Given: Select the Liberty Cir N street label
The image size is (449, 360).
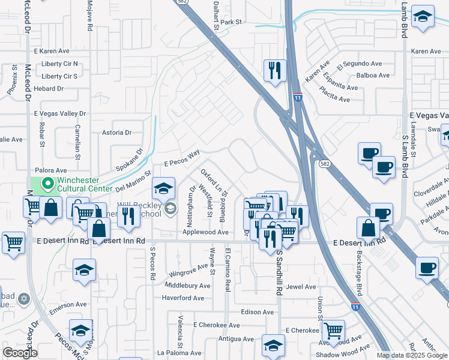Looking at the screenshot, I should pyautogui.click(x=60, y=64).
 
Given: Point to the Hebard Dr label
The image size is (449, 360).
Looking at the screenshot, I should pyautogui.click(x=49, y=88).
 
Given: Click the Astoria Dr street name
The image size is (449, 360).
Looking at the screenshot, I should pyautogui.click(x=116, y=133).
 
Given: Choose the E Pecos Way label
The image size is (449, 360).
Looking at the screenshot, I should pyautogui.click(x=182, y=158).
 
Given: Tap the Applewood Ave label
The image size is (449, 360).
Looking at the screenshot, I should pyautogui.click(x=205, y=232).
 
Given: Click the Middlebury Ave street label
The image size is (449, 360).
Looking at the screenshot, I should pyautogui.click(x=187, y=286).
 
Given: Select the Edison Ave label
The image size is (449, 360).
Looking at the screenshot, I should pyautogui.click(x=257, y=312).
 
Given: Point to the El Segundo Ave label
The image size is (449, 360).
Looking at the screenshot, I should pyautogui.click(x=359, y=64).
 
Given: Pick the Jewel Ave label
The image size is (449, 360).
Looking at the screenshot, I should pyautogui.click(x=301, y=287).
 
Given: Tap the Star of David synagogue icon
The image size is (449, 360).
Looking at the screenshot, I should pyautogui.click(x=24, y=298).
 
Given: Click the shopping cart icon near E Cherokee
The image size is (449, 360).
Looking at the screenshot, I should pyautogui.click(x=333, y=329).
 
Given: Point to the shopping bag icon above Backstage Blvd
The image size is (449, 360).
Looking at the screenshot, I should pyautogui.click(x=368, y=227).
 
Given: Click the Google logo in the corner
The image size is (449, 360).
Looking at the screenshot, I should pyautogui.click(x=20, y=353).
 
